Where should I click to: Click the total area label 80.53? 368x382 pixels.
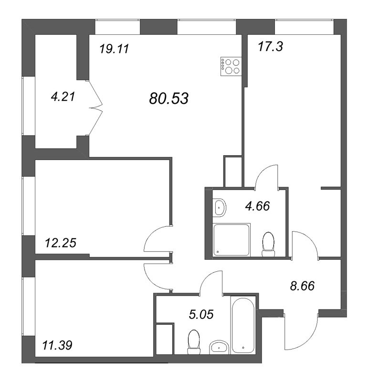point(169,99)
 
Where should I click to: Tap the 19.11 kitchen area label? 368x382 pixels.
point(115,49)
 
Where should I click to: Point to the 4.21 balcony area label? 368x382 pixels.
point(63,97)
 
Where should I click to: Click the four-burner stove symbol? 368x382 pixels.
point(231,66)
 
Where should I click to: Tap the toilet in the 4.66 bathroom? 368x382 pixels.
point(269,242)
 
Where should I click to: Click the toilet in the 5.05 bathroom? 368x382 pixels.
point(194,342)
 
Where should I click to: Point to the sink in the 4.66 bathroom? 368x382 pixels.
point(219,207)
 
